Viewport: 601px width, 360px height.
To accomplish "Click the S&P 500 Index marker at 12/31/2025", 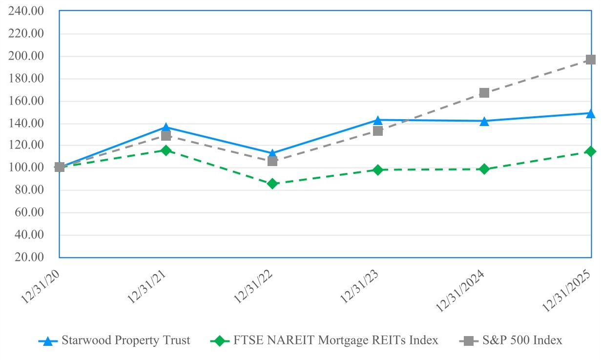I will tap(590, 60).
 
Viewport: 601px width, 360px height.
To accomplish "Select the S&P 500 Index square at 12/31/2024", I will tap(484, 93).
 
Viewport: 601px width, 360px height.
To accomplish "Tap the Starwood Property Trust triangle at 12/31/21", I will tap(166, 127).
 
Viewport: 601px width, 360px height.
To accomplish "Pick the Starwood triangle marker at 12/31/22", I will tap(272, 153).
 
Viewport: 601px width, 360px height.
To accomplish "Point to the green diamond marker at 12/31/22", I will tap(272, 184).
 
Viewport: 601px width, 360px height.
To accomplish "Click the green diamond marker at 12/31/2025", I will tap(590, 151).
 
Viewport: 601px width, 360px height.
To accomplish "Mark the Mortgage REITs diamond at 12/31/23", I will tap(378, 170).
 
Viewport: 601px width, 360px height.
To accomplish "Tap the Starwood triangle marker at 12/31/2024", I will tap(484, 121).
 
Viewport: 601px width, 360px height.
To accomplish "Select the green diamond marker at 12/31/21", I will tap(166, 150).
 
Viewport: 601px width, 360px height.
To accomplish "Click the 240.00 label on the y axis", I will tap(30, 11).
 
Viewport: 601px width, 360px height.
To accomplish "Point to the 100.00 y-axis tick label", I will tap(30, 168).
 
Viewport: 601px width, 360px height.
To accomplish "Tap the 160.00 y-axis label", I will tap(30, 101).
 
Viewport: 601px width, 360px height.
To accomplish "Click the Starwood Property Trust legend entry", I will tap(125, 340).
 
